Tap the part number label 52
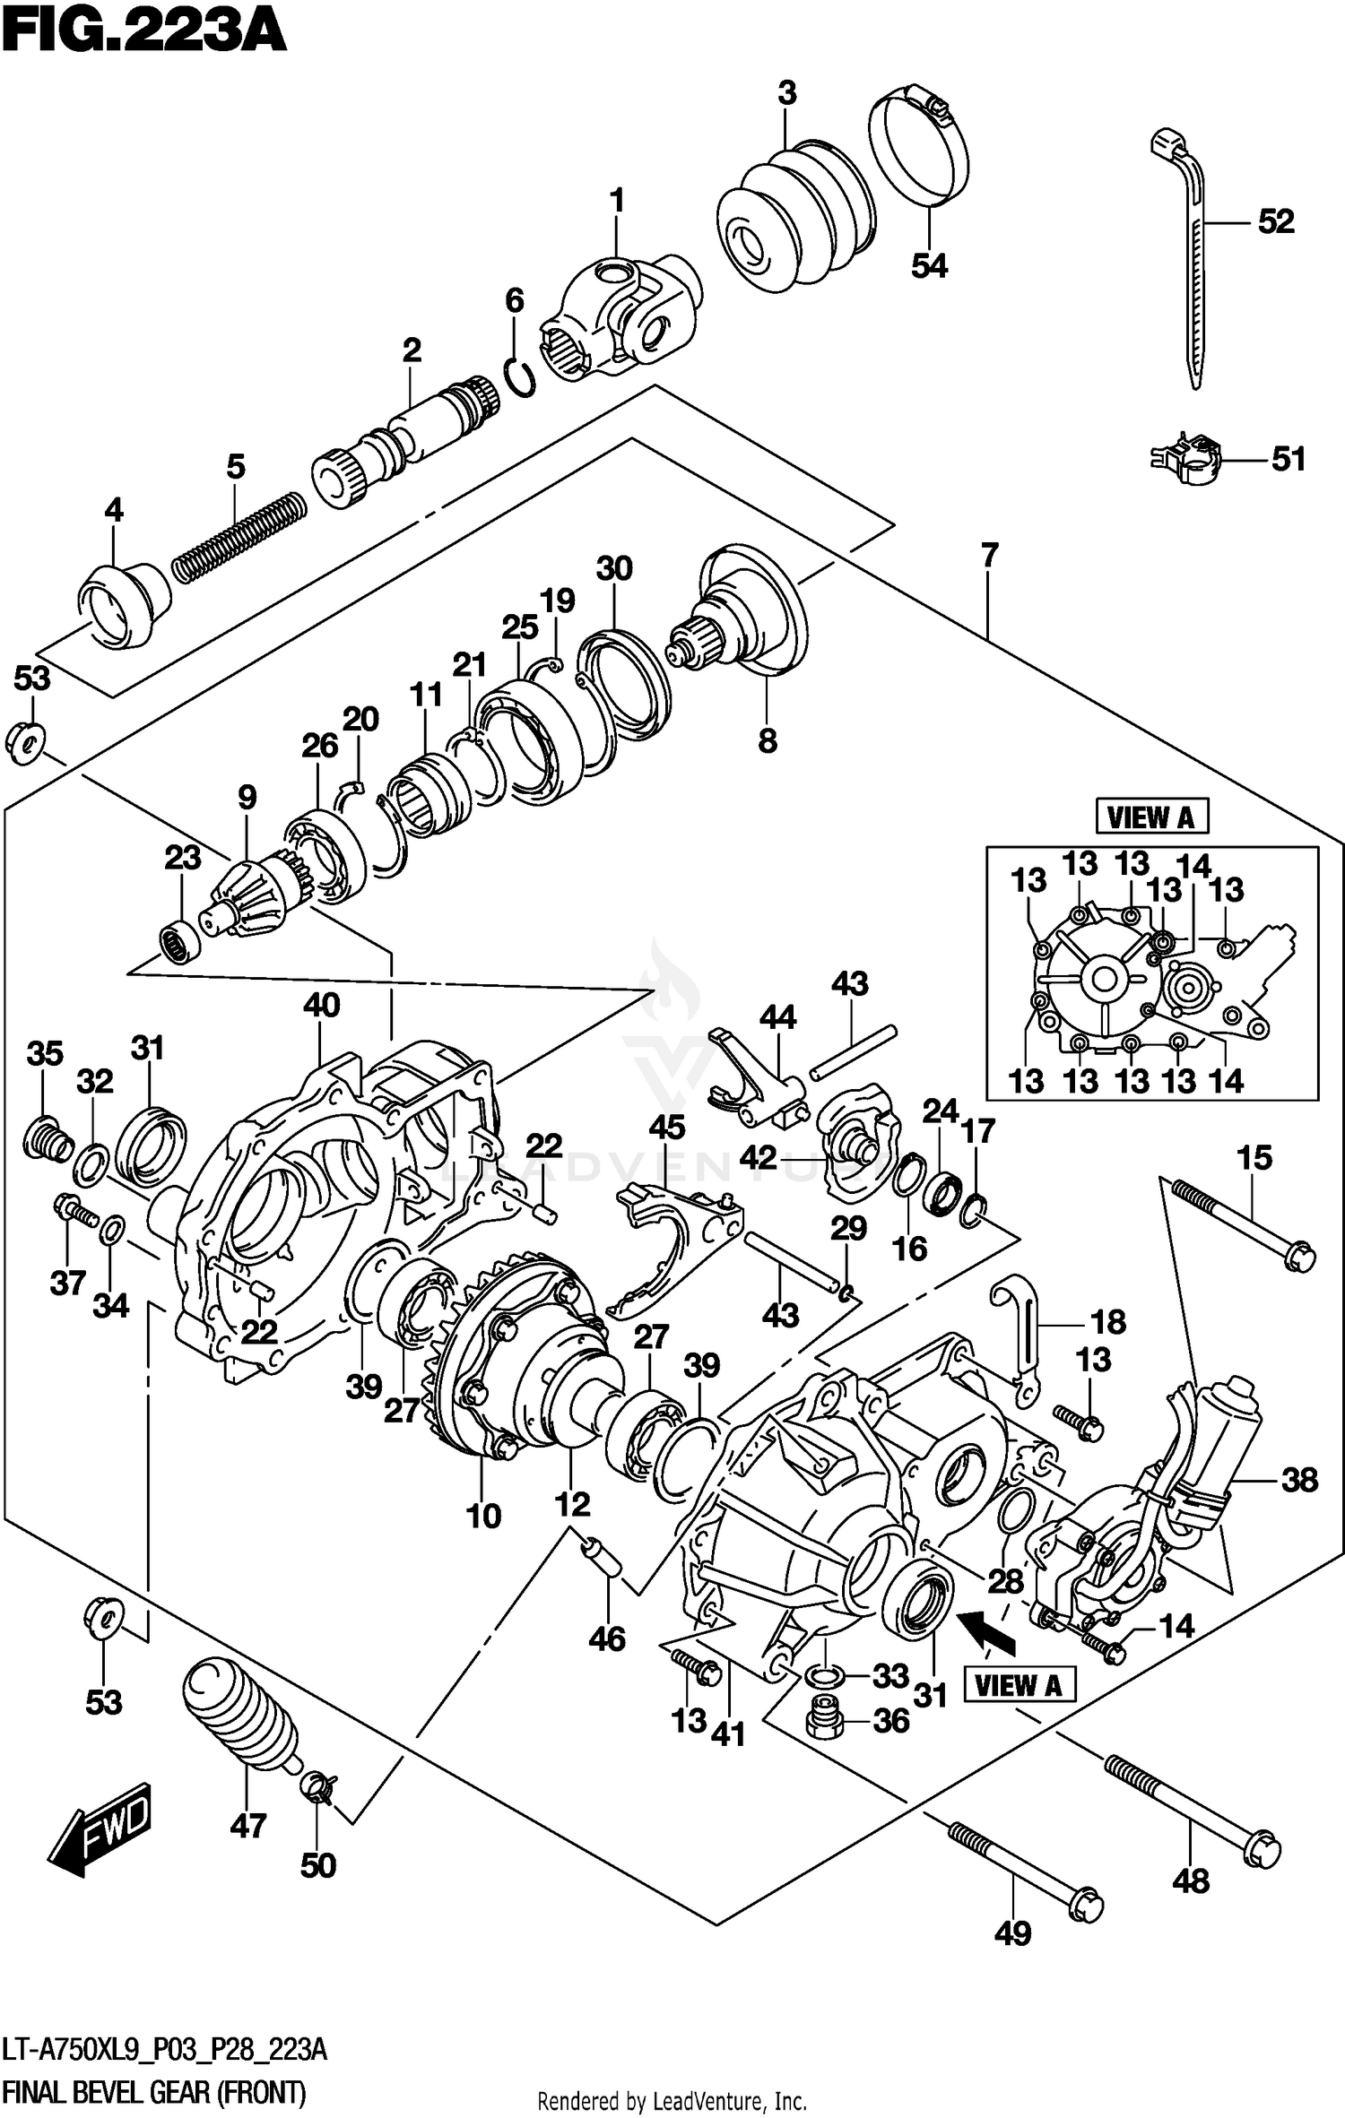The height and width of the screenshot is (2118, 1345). pyautogui.click(x=1276, y=221)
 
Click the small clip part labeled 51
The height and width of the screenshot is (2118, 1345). pyautogui.click(x=1187, y=457)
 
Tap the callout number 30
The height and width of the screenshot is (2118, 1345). pyautogui.click(x=614, y=568)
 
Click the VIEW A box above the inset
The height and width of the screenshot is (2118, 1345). pyautogui.click(x=1151, y=817)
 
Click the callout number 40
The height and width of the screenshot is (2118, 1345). pyautogui.click(x=321, y=1005)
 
